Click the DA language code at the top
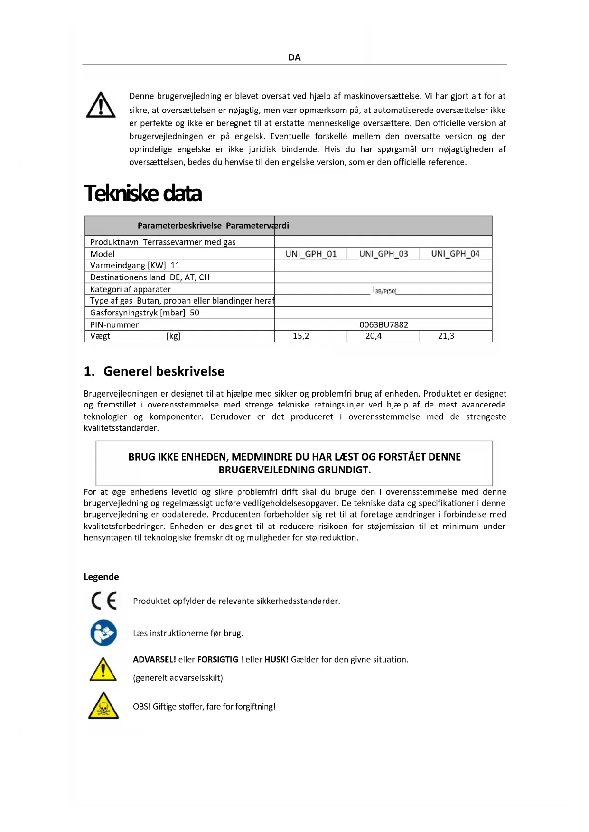pyautogui.click(x=294, y=57)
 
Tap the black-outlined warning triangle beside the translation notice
pyautogui.click(x=101, y=105)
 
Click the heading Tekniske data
pyautogui.click(x=143, y=193)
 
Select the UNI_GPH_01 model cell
pyautogui.click(x=311, y=254)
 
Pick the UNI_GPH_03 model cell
pyautogui.click(x=383, y=254)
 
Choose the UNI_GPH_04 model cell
pyautogui.click(x=455, y=254)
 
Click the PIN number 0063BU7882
pyautogui.click(x=383, y=324)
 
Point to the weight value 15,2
pyautogui.click(x=301, y=336)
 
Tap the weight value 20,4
pyautogui.click(x=374, y=336)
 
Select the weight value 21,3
pyautogui.click(x=446, y=336)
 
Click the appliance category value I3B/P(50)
pyautogui.click(x=384, y=290)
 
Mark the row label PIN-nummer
pyautogui.click(x=114, y=324)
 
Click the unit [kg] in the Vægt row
pyautogui.click(x=173, y=336)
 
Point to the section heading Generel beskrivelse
pyautogui.click(x=164, y=371)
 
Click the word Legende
pyautogui.click(x=101, y=577)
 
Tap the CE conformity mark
pyautogui.click(x=104, y=601)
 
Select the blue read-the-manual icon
pyautogui.click(x=103, y=633)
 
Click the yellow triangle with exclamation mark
pyautogui.click(x=103, y=669)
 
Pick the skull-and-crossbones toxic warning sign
pyautogui.click(x=103, y=706)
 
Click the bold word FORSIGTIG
pyautogui.click(x=218, y=659)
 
